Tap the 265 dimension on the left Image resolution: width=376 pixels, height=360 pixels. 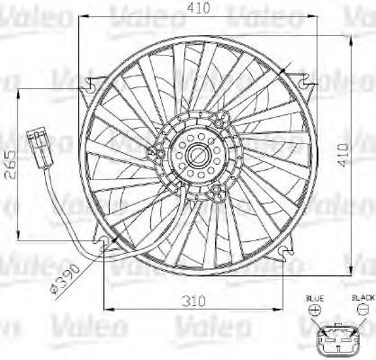click(12, 164)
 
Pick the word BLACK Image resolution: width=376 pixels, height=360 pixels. click(363, 296)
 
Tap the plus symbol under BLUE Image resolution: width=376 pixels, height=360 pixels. click(313, 309)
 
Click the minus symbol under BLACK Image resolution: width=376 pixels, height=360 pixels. click(362, 309)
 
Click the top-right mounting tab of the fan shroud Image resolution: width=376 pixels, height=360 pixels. click(308, 88)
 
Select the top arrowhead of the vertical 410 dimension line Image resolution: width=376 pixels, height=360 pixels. click(348, 39)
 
